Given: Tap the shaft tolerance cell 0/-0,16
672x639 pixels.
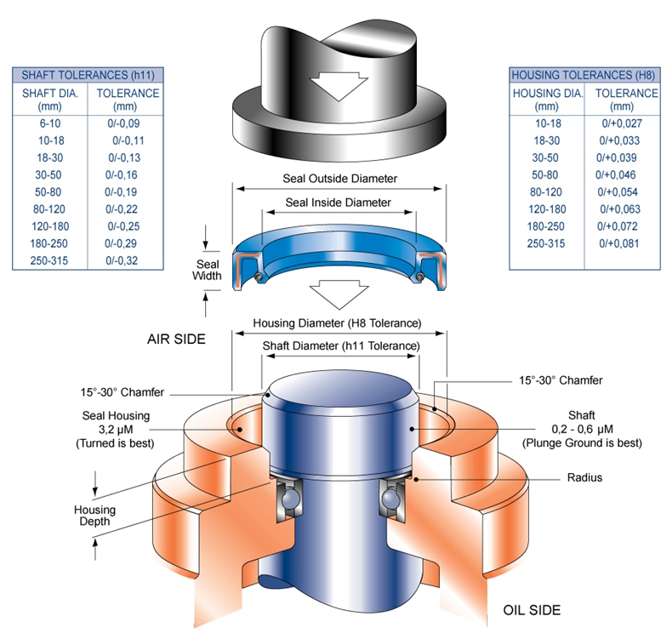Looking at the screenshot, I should tap(124, 174).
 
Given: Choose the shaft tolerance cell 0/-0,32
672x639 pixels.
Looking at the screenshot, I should tap(124, 260).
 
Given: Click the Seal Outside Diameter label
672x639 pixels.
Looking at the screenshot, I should tap(339, 180).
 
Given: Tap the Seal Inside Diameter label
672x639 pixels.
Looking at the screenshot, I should tap(338, 203).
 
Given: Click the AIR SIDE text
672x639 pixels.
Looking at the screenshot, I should tap(177, 339).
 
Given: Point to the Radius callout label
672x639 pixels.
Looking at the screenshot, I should tap(584, 477).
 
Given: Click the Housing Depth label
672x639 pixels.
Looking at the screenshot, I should tap(94, 516).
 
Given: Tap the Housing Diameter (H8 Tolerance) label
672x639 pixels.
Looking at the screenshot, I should tap(338, 323).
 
